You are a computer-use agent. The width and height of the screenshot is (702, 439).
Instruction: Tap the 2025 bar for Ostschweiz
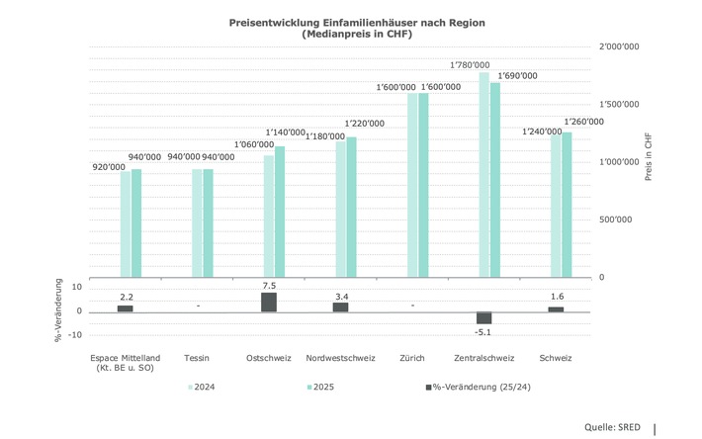pyautogui.click(x=280, y=212)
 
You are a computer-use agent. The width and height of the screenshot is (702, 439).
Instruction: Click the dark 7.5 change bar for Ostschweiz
pyautogui.click(x=269, y=303)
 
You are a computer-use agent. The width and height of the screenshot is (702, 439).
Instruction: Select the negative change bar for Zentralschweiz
pyautogui.click(x=483, y=318)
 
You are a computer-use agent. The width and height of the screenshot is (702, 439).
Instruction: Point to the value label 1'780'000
pyautogui.click(x=470, y=64)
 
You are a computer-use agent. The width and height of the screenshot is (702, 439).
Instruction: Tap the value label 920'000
pyautogui.click(x=109, y=167)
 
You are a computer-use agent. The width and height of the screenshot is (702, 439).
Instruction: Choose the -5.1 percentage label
pyautogui.click(x=483, y=332)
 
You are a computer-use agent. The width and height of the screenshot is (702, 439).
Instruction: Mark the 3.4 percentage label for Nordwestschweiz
pyautogui.click(x=340, y=296)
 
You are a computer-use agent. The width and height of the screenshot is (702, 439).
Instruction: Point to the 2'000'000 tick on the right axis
pyautogui.click(x=618, y=46)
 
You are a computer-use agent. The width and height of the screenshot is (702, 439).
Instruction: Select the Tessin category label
pyautogui.click(x=197, y=357)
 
